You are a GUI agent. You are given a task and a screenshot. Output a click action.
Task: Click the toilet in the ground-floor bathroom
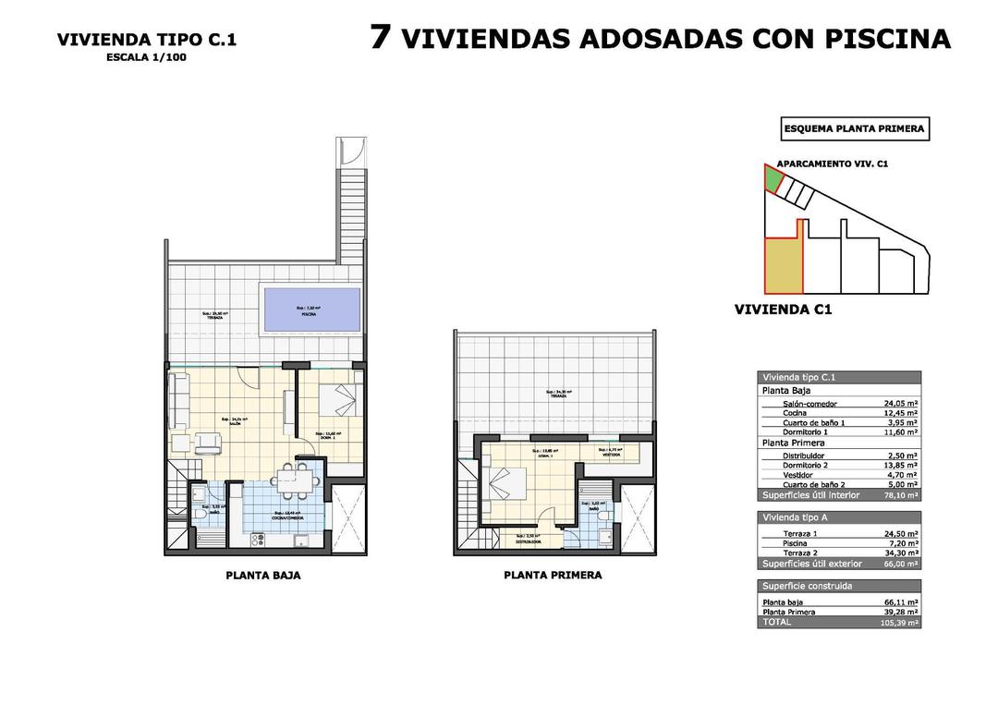[198, 506]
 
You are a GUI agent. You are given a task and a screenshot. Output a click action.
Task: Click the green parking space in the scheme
[772, 177]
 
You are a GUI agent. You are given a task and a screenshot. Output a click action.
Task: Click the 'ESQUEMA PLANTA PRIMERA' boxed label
[854, 129]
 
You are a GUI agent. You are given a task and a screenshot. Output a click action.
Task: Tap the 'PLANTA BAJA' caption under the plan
[263, 576]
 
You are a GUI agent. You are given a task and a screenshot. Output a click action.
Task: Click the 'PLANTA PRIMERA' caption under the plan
[553, 575]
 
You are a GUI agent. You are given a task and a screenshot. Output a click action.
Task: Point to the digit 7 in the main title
[380, 37]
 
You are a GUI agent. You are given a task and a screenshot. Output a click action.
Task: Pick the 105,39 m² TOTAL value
[899, 624]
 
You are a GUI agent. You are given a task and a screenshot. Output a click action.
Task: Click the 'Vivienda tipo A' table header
[799, 518]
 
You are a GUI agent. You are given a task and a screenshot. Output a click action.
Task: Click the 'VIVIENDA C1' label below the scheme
[783, 310]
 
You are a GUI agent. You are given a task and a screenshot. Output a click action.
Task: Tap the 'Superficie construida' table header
[807, 586]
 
